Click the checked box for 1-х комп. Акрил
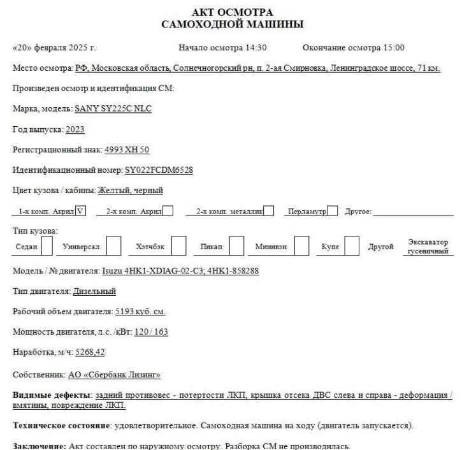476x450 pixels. [80, 211]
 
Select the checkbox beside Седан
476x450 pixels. [47, 245]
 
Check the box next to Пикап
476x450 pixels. [236, 245]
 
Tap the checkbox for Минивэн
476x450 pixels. [303, 245]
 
